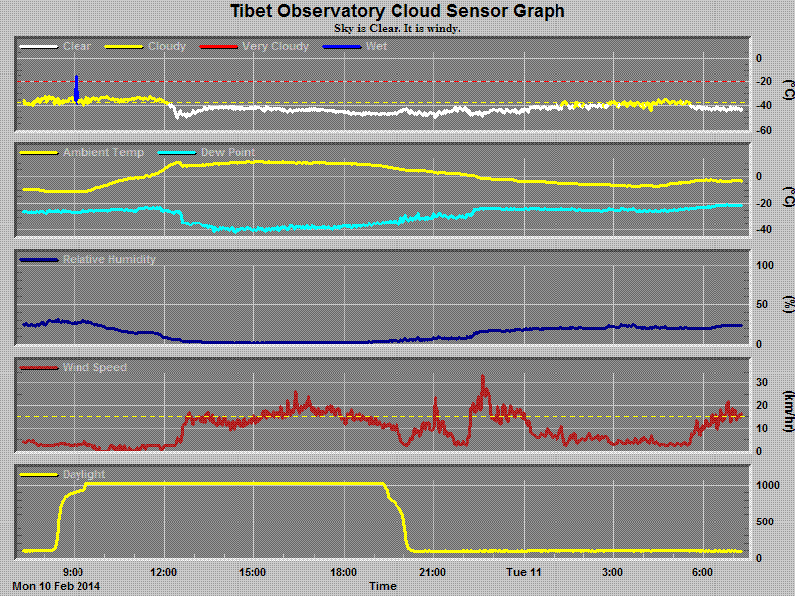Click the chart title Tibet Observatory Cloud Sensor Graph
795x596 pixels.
click(x=397, y=12)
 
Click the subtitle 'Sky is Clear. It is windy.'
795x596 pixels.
click(x=397, y=28)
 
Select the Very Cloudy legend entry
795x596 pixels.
click(x=275, y=47)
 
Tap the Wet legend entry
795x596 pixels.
click(x=377, y=47)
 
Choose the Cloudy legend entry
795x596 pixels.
click(x=166, y=47)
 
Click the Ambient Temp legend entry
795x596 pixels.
click(x=102, y=153)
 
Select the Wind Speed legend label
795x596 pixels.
click(x=94, y=368)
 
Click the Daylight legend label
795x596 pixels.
click(x=83, y=475)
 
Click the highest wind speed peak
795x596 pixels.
click(x=483, y=378)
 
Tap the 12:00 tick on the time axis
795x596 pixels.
click(x=164, y=572)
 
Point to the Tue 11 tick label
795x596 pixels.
click(x=523, y=572)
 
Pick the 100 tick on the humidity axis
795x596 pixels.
click(x=764, y=266)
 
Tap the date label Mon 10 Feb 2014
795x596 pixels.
click(x=57, y=586)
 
